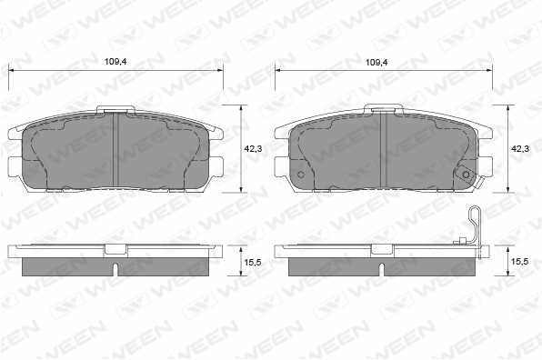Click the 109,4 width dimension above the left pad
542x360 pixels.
115,62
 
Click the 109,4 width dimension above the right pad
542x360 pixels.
377,62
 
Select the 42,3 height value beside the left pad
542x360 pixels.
253,149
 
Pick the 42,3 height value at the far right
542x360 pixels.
520,149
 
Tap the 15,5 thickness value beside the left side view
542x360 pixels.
253,262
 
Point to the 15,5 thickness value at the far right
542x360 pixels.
519,262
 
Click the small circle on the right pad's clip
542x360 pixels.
467,175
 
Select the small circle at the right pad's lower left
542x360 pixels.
301,175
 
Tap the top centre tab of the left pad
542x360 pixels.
115,109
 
